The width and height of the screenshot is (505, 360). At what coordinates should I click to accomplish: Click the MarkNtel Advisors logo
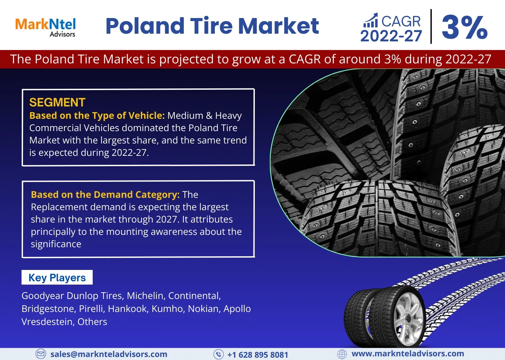pyautogui.click(x=45, y=27)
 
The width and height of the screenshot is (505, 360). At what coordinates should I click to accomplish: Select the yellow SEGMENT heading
pyautogui.click(x=57, y=102)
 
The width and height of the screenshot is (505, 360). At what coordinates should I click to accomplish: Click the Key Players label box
pyautogui.click(x=57, y=277)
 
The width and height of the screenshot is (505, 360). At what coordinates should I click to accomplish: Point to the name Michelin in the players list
pyautogui.click(x=145, y=296)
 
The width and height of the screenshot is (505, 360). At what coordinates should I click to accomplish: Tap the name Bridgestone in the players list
pyautogui.click(x=48, y=309)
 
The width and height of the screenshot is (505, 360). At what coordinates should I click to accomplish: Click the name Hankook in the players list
pyautogui.click(x=128, y=309)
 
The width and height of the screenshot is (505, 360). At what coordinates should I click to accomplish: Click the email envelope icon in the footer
pyautogui.click(x=41, y=354)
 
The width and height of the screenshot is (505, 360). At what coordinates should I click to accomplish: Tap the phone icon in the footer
pyautogui.click(x=218, y=354)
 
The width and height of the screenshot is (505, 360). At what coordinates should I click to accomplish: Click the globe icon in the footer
pyautogui.click(x=342, y=354)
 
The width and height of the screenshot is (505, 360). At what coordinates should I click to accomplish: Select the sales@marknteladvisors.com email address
pyautogui.click(x=109, y=354)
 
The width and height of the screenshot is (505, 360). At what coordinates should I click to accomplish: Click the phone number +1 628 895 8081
pyautogui.click(x=258, y=355)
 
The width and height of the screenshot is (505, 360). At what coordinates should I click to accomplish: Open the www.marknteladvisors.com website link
pyautogui.click(x=408, y=353)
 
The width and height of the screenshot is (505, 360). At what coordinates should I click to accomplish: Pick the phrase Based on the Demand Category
pyautogui.click(x=105, y=195)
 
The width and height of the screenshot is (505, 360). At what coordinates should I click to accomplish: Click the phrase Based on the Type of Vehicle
pyautogui.click(x=97, y=115)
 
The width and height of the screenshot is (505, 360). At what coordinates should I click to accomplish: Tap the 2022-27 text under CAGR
pyautogui.click(x=391, y=36)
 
